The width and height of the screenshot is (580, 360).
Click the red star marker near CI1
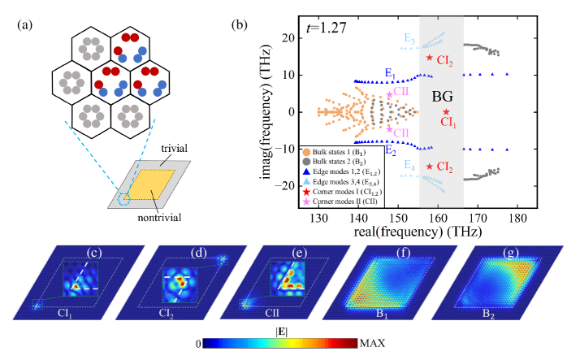point(446,111)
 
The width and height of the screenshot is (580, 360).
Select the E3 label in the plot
point(410,38)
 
